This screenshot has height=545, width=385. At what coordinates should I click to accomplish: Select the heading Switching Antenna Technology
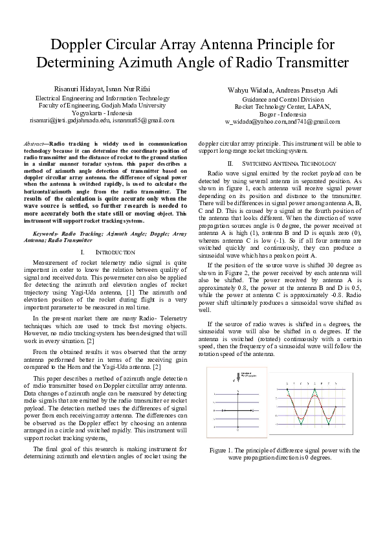pyautogui.click(x=288, y=163)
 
